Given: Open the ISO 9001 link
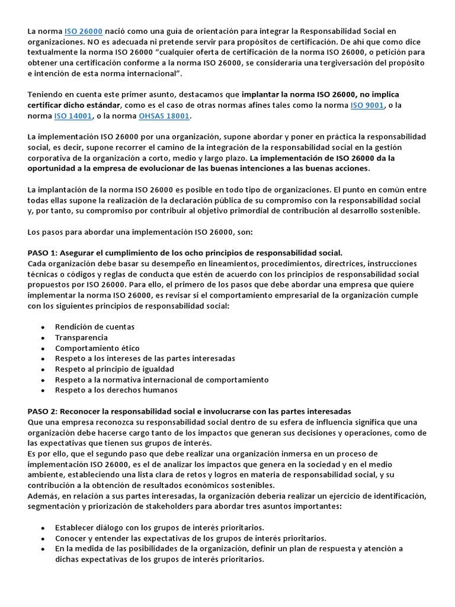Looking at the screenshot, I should pyautogui.click(x=368, y=105).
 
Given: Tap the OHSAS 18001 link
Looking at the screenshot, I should pyautogui.click(x=164, y=116).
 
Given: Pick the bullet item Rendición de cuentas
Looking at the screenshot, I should pyautogui.click(x=95, y=327).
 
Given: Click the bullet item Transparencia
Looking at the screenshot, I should pyautogui.click(x=82, y=337).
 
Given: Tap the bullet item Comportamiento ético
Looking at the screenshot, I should pyautogui.click(x=97, y=348).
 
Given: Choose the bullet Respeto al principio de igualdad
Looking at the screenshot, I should pyautogui.click(x=115, y=369).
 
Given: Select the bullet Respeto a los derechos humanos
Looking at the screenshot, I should pyautogui.click(x=116, y=390).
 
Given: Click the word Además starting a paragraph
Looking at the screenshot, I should pyautogui.click(x=43, y=496).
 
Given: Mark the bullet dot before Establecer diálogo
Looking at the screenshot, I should pyautogui.click(x=43, y=528).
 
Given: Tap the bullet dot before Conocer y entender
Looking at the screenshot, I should pyautogui.click(x=43, y=539).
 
